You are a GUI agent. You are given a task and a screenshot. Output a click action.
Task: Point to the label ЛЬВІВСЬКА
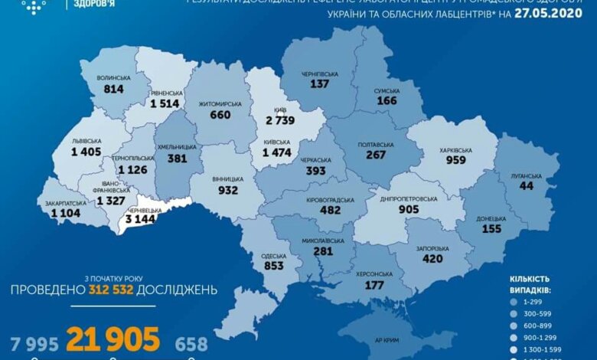pyautogui.click(x=87, y=141)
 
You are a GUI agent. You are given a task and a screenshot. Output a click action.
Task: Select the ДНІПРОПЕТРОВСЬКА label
pyautogui.click(x=408, y=199)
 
